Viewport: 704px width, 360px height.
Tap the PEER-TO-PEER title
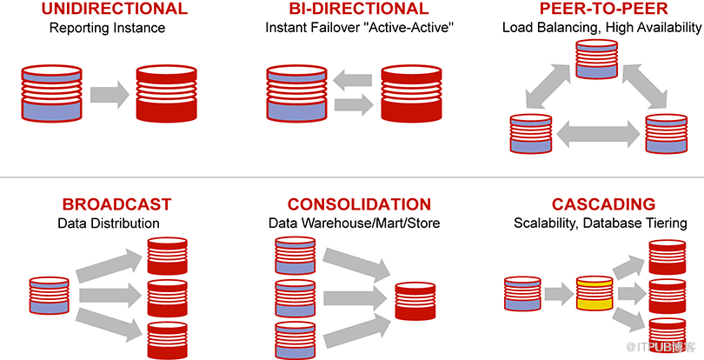[x=603, y=9]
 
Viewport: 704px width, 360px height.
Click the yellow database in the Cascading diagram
[x=594, y=293]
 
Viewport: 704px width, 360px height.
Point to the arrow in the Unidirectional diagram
[x=110, y=95]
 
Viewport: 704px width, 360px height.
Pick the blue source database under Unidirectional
[x=51, y=93]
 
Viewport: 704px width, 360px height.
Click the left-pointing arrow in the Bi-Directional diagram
[x=353, y=81]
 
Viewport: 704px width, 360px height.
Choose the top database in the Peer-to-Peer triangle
[x=597, y=59]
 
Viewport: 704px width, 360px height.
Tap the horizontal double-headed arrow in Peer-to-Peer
[x=598, y=135]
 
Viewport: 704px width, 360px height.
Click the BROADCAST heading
[x=116, y=204]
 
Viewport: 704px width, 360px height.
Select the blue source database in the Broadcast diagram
[x=50, y=296]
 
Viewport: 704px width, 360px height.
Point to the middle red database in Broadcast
[x=168, y=298]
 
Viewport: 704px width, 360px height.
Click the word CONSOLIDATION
[x=359, y=204]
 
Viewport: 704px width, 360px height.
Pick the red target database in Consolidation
[x=415, y=301]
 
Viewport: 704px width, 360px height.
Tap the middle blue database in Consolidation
[x=295, y=298]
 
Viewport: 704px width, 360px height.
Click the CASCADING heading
[x=603, y=204]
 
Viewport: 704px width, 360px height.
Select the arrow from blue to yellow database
[x=559, y=295]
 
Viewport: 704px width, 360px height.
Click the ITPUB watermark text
[x=661, y=347]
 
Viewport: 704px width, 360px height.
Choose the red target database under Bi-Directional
[x=411, y=93]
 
